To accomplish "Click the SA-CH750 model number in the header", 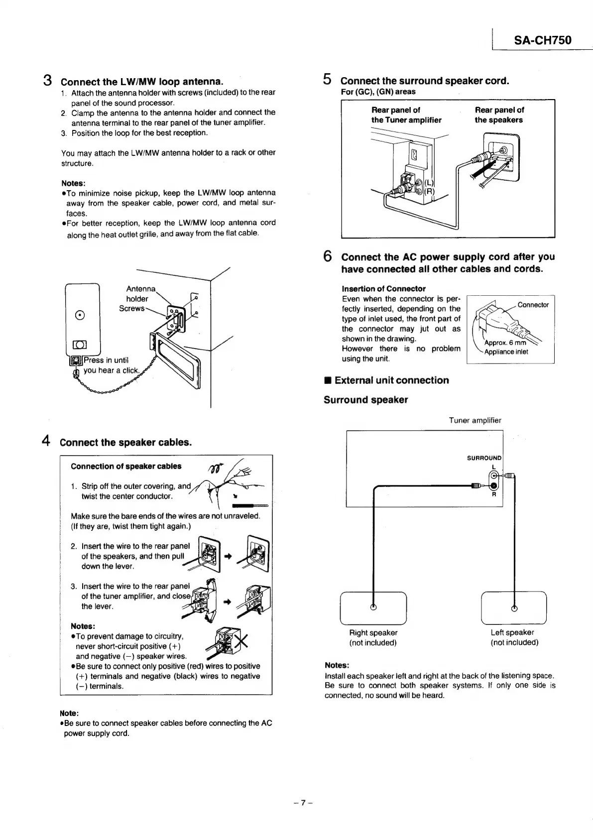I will pos(542,40).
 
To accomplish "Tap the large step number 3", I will pos(48,80).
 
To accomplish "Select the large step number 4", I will pos(46,441).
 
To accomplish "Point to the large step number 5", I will pos(327,79).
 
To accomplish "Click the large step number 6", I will pos(328,256).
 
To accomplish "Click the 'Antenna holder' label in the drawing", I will pos(139,294).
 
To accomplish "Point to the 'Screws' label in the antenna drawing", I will pos(131,309).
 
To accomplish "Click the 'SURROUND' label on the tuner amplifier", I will pos(484,458).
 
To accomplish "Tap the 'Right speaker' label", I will pos(373,633).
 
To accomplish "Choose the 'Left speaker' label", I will pos(512,633).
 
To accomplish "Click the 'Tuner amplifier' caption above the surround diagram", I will pos(475,420).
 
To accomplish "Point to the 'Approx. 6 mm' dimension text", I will pos(505,343).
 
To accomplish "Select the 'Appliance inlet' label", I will pos(506,352).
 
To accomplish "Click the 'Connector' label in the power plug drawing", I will pos(533,305).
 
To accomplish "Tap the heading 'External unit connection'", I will pos(391,380).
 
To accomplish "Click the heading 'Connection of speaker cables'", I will pos(126,467).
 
